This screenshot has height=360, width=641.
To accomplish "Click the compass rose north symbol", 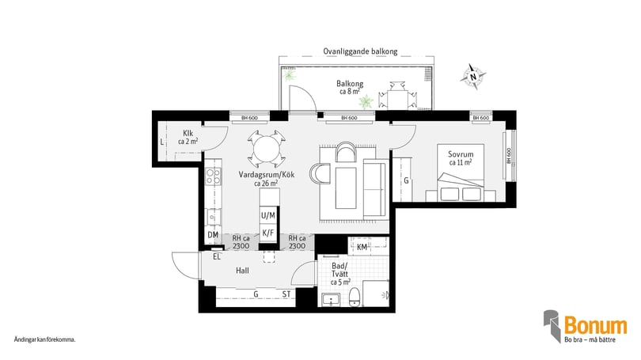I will coord(474,77).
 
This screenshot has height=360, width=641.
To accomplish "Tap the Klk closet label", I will coord(188,137).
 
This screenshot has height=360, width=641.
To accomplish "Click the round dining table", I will coord(263,146).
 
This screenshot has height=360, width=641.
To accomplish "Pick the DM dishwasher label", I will coord(212,235).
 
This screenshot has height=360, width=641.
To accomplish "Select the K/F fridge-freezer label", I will coord(268,233).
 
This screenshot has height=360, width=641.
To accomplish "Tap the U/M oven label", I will coord(268,215).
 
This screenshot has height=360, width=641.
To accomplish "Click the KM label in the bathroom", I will coord(361,248).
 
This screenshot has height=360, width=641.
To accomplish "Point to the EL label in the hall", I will coord(215,256).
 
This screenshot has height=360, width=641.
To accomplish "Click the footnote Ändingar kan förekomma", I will coord(44,339).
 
